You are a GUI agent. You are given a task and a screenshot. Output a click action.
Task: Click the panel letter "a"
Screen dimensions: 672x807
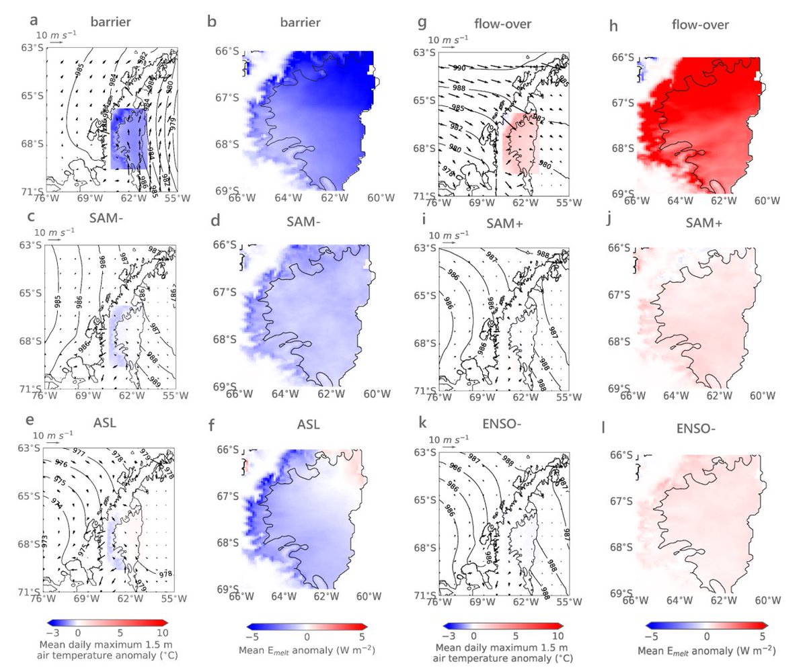(x=22, y=22)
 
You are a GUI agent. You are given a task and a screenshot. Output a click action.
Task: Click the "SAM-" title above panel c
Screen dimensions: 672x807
(x=108, y=222)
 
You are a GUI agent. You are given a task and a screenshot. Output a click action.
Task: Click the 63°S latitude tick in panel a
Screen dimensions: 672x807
(x=31, y=48)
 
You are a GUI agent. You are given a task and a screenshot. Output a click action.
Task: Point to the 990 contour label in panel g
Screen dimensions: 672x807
(x=459, y=69)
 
